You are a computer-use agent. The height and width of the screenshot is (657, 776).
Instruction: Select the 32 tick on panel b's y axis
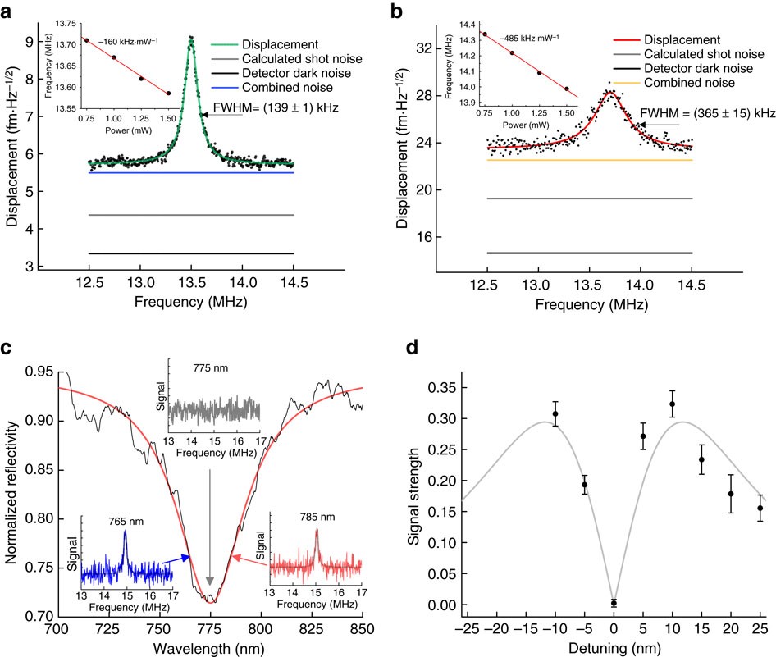(448, 48)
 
